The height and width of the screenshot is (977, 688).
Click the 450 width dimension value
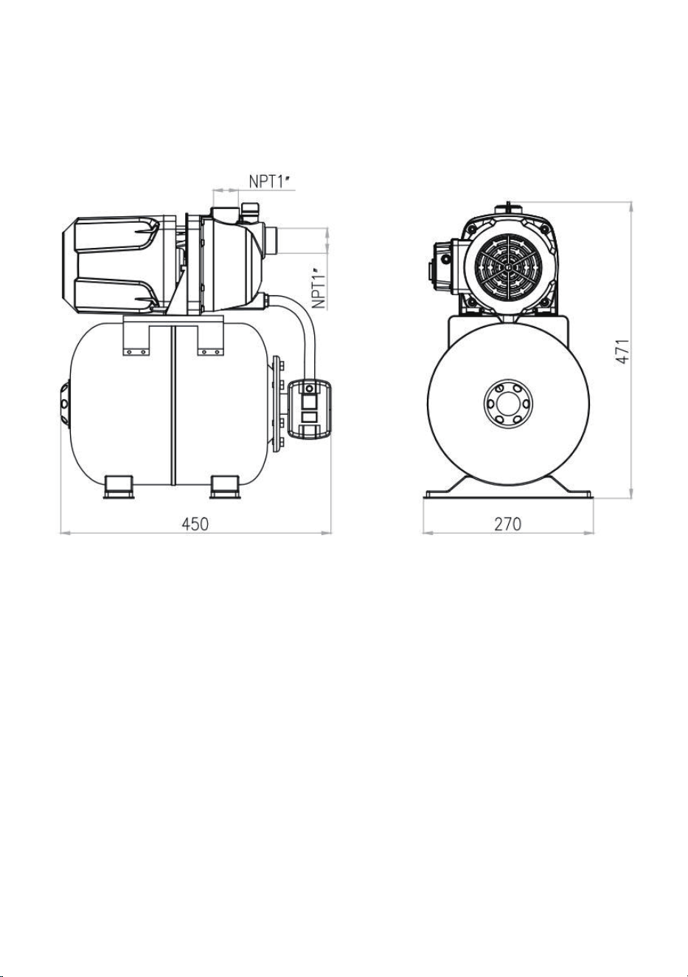195,524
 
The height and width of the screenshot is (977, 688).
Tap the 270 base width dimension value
508,524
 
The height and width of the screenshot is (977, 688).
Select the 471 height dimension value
622,351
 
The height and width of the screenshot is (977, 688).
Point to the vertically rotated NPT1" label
319,288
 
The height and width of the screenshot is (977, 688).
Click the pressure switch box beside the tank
310,409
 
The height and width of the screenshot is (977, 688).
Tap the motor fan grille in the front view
508,267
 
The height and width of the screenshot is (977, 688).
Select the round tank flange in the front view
508,404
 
